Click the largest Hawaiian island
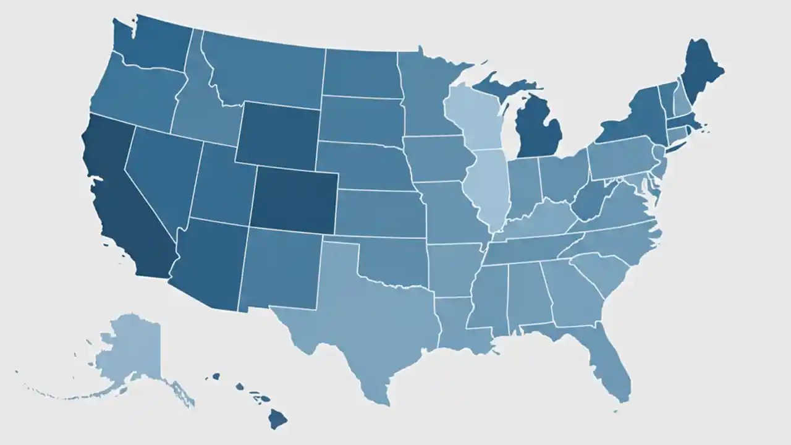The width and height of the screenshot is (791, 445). point(277,419)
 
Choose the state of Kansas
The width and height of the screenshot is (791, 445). point(380,213)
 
